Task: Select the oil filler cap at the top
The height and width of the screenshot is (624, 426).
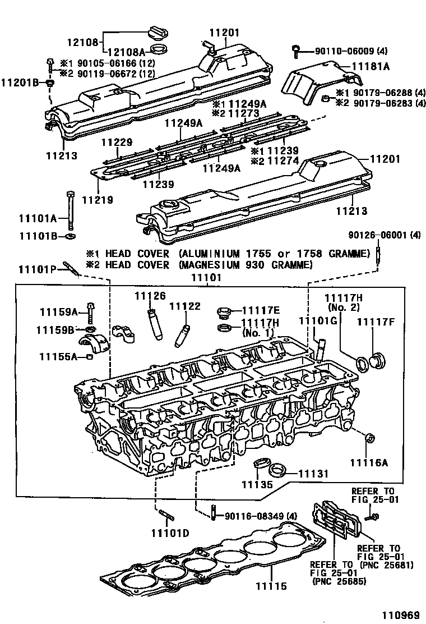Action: click(159, 33)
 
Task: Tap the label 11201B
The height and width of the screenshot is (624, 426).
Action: click(19, 82)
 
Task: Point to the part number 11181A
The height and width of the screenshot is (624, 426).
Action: click(371, 66)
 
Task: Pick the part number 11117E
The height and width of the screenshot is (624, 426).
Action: click(260, 310)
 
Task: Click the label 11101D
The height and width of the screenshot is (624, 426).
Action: click(170, 532)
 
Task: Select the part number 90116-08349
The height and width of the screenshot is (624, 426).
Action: click(255, 516)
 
